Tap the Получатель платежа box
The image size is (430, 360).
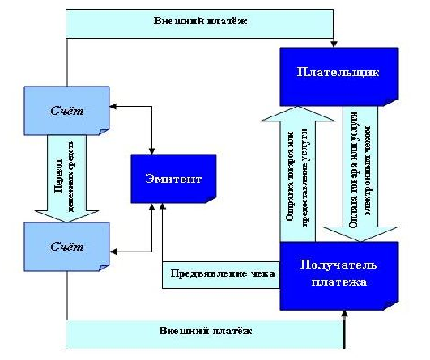(x=339, y=274)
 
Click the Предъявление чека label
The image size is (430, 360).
(x=220, y=273)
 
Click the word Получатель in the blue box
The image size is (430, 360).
(x=339, y=266)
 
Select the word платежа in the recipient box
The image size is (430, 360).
(x=339, y=282)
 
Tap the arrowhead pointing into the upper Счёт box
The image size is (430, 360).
(x=115, y=106)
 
